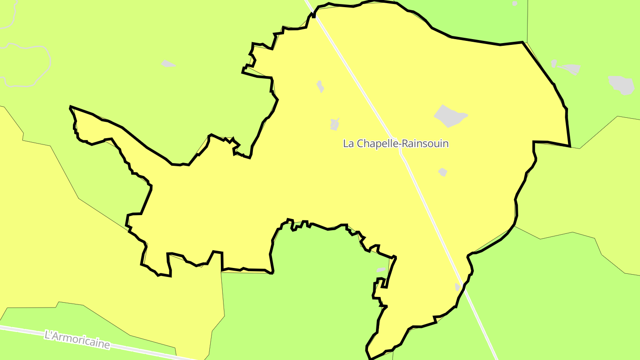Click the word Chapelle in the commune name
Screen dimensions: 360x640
pyautogui.click(x=374, y=144)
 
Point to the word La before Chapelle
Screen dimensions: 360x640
pyautogui.click(x=348, y=144)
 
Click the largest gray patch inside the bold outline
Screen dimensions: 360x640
pyautogui.click(x=450, y=116)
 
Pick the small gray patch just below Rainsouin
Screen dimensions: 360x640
pyautogui.click(x=442, y=172)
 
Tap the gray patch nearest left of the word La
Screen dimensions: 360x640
pyautogui.click(x=335, y=124)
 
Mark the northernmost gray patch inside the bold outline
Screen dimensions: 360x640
pyautogui.click(x=320, y=86)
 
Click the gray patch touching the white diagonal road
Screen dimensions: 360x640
pyautogui.click(x=457, y=287)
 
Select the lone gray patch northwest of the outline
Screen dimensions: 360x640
pyautogui.click(x=168, y=64)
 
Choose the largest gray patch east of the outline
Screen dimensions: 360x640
pyautogui.click(x=621, y=84)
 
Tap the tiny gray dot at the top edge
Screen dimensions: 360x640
pyautogui.click(x=515, y=4)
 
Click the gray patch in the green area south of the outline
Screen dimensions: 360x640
pyautogui.click(x=381, y=270)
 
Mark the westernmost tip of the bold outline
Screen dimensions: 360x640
pyautogui.click(x=70, y=107)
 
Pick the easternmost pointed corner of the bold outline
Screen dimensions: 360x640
pyautogui.click(x=570, y=146)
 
